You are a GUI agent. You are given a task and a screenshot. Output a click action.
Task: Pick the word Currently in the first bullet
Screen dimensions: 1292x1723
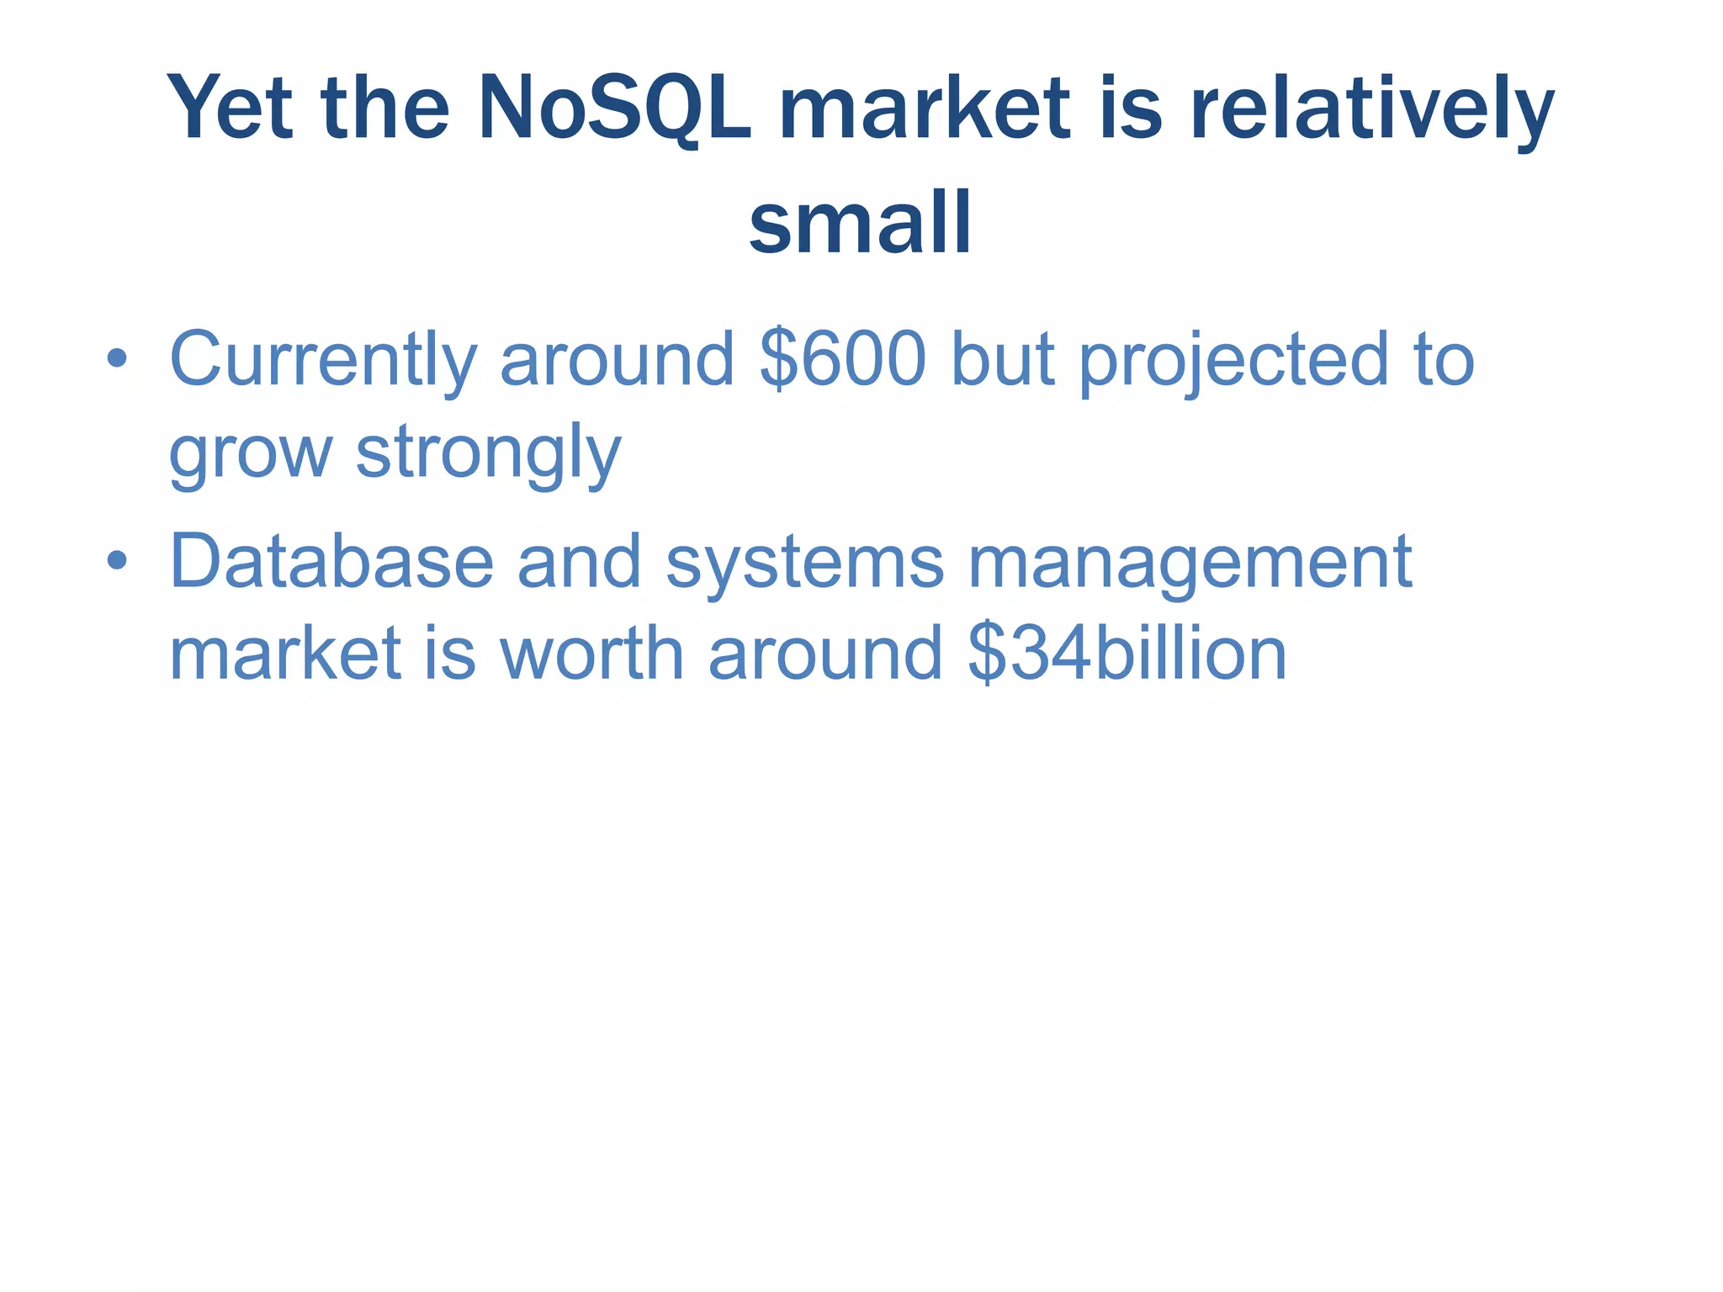point(324,360)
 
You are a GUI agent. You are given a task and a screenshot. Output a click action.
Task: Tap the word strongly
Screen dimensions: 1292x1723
point(489,453)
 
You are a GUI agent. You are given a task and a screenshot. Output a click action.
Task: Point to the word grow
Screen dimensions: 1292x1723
point(251,453)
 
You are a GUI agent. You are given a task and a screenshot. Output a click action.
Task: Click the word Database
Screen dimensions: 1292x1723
point(331,562)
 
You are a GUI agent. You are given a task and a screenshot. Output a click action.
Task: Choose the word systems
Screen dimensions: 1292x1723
point(805,562)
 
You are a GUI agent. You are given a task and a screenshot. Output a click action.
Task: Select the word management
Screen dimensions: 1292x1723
point(1190,562)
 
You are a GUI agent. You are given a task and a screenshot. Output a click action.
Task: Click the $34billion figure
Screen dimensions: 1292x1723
point(1127,654)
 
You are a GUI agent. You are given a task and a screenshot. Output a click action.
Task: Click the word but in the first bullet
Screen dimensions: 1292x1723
point(1002,360)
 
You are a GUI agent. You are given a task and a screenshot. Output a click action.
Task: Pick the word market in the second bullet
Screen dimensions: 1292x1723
point(285,654)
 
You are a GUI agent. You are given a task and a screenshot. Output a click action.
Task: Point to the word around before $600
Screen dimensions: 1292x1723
point(618,360)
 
